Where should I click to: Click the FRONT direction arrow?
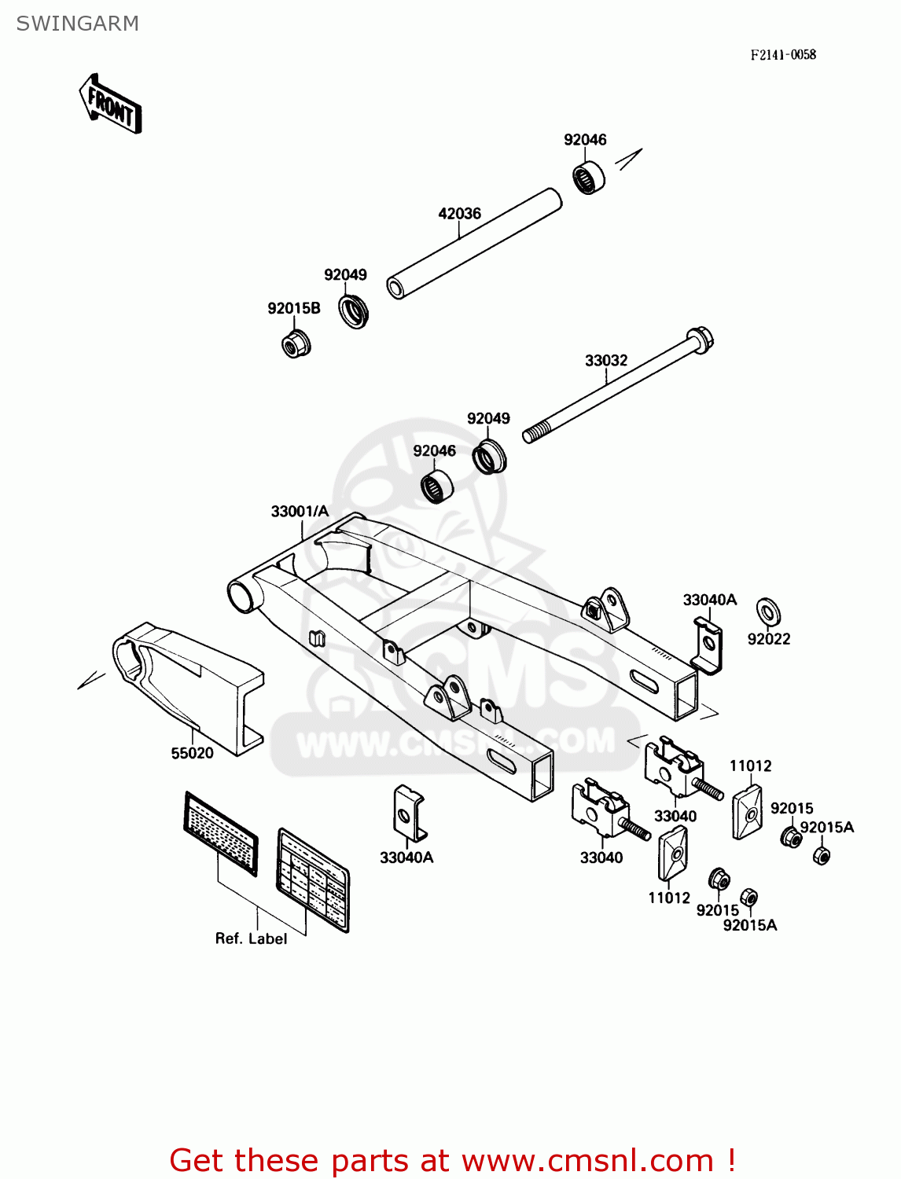pyautogui.click(x=110, y=105)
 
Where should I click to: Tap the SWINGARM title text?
pyautogui.click(x=77, y=24)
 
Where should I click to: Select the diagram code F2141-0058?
pyautogui.click(x=782, y=54)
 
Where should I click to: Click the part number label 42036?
pyautogui.click(x=459, y=213)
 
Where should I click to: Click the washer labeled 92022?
pyautogui.click(x=767, y=610)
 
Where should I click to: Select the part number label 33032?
pyautogui.click(x=605, y=360)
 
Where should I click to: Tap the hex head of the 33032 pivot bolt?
pyautogui.click(x=700, y=340)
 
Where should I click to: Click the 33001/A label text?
pyautogui.click(x=300, y=511)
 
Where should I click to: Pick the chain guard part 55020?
pyautogui.click(x=189, y=684)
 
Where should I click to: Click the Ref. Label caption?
pyautogui.click(x=251, y=938)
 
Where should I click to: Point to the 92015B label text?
pyautogui.click(x=293, y=308)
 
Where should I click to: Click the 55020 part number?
pyautogui.click(x=192, y=753)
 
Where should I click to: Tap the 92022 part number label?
pyautogui.click(x=768, y=639)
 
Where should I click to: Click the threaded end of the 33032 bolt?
pyautogui.click(x=535, y=433)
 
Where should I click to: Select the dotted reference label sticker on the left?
pyautogui.click(x=220, y=832)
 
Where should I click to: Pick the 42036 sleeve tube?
pyautogui.click(x=475, y=243)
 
